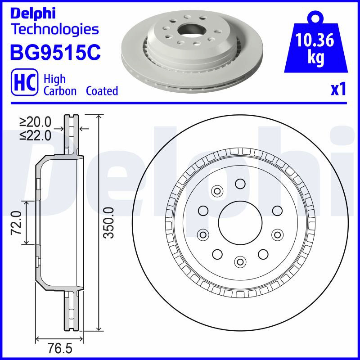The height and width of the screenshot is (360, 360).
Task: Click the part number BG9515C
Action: tap(55, 52)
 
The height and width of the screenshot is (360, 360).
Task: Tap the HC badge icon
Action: tap(25, 82)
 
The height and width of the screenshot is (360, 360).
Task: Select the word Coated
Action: tap(102, 91)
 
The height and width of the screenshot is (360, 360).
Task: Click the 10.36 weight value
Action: tap(315, 40)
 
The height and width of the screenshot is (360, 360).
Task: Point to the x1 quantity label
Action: tap(338, 89)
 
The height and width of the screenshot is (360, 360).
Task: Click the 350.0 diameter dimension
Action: tap(108, 222)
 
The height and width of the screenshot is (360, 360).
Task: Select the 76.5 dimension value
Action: tap(60, 348)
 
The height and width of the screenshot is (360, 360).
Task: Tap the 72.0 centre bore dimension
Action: tap(17, 223)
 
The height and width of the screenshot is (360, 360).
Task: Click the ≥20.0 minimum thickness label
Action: tap(36, 122)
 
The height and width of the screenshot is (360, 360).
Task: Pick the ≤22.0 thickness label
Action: tap(36, 135)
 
